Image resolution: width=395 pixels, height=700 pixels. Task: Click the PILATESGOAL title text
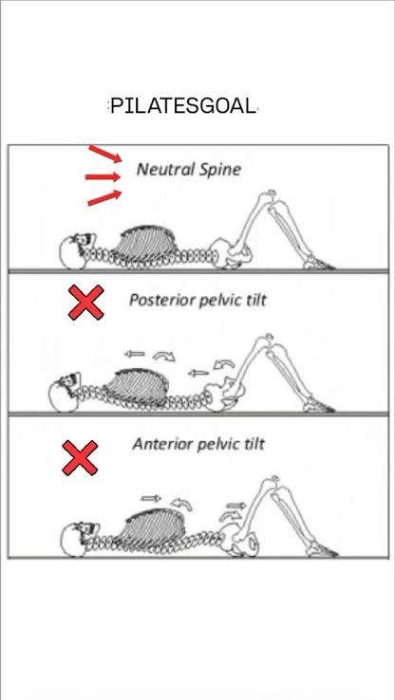coord(183,106)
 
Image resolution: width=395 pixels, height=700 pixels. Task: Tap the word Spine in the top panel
coord(220,170)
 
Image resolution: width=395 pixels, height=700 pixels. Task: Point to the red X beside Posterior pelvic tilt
coord(85,303)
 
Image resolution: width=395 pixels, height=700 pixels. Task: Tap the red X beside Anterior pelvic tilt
coord(80,457)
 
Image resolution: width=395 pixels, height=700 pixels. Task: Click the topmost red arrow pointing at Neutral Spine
coord(105,154)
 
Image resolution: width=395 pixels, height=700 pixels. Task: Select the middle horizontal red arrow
coord(103,177)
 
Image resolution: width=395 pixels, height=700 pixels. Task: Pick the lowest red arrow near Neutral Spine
coord(104,198)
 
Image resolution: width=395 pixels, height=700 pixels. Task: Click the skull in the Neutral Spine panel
coord(74,252)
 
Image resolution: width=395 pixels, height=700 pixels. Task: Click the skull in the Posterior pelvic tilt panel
coord(65,392)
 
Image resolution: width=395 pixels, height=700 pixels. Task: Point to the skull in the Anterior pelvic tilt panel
coord(75,539)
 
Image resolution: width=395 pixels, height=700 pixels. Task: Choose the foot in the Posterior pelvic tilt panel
coord(319,406)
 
